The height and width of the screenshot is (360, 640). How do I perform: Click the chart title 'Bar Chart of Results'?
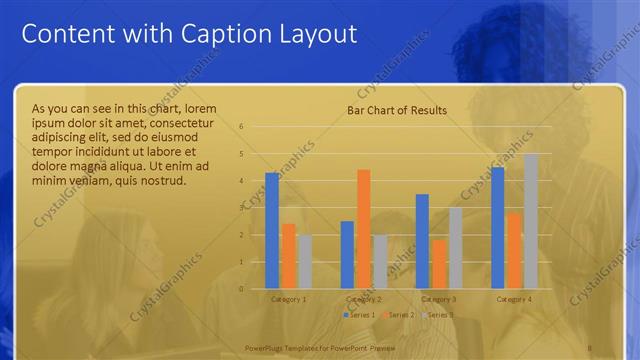click(397, 110)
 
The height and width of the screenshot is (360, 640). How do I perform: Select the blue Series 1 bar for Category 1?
click(272, 231)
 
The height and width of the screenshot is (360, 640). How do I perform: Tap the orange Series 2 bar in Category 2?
click(364, 229)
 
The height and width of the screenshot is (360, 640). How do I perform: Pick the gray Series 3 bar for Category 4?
click(531, 221)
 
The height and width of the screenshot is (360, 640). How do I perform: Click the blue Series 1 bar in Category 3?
click(422, 241)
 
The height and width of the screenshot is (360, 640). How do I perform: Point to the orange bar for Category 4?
click(514, 251)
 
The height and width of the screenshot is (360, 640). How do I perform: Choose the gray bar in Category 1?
click(305, 262)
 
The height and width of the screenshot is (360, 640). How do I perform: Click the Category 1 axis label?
click(289, 299)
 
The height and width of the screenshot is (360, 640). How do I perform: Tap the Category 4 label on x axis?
click(514, 299)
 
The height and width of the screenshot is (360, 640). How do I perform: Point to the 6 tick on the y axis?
click(241, 127)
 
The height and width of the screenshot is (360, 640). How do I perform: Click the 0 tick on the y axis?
click(241, 289)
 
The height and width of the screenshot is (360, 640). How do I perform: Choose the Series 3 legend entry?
click(437, 315)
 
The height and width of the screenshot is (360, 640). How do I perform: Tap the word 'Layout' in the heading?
click(313, 34)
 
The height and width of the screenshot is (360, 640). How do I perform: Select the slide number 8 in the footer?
click(591, 348)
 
